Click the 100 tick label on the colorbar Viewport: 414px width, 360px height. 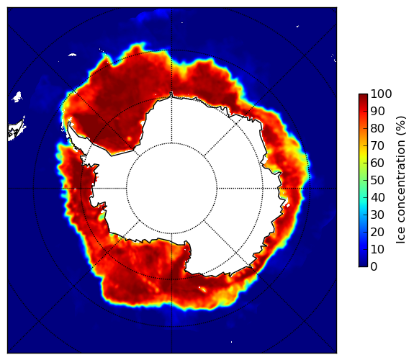[381, 94]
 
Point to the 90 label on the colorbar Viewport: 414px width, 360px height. [377, 111]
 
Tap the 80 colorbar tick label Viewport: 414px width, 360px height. [377, 128]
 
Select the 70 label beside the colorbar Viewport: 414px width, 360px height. [377, 145]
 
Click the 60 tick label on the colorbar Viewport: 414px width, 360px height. [377, 163]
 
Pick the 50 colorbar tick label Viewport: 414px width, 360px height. [377, 181]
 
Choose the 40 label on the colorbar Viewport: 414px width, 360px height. [377, 197]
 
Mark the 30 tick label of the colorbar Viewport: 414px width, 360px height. [377, 215]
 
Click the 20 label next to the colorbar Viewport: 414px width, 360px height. [377, 232]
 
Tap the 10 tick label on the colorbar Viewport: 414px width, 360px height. [377, 250]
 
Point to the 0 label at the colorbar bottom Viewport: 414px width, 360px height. [374, 267]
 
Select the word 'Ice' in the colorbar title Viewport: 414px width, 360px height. [401, 239]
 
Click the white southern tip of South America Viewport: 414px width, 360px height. [17, 131]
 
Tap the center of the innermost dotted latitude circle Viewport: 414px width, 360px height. [171, 189]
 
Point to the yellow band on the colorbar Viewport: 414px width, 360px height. [363, 156]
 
